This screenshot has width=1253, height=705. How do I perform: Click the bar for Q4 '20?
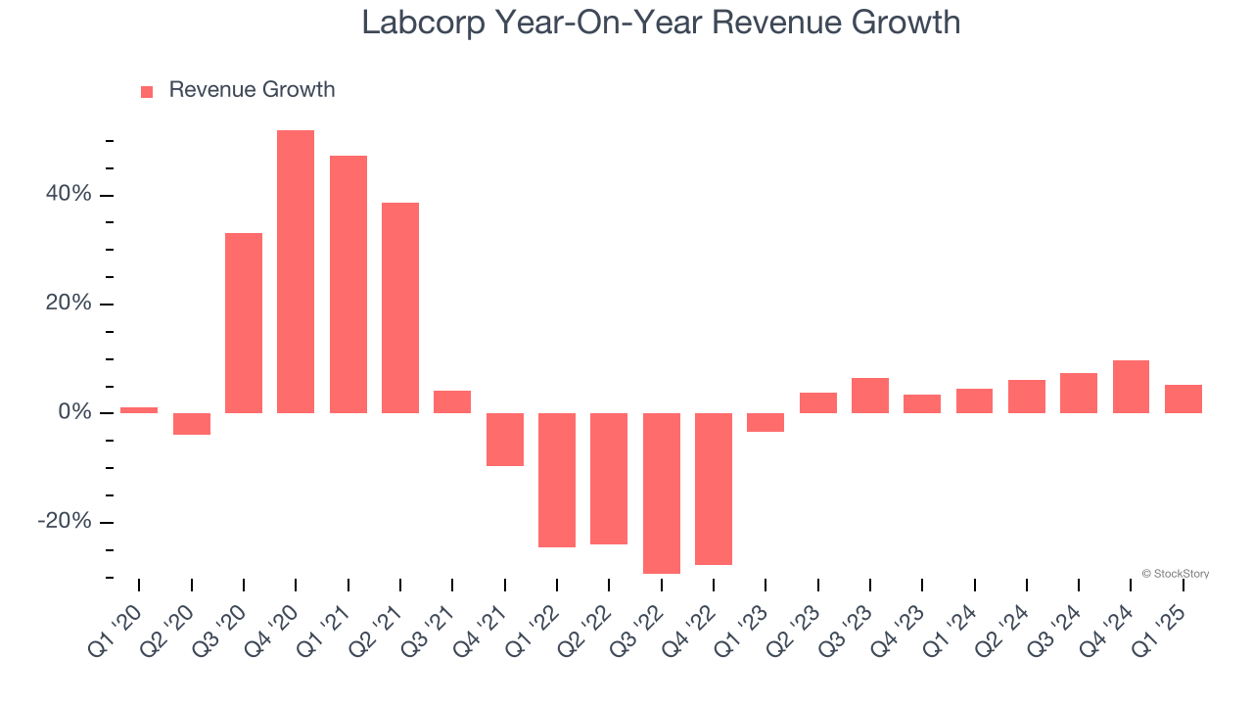pyautogui.click(x=296, y=271)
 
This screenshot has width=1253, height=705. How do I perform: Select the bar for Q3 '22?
pyautogui.click(x=661, y=493)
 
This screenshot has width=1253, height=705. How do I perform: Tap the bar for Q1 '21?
pyautogui.click(x=348, y=284)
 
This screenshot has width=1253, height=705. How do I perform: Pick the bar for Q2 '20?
pyautogui.click(x=192, y=424)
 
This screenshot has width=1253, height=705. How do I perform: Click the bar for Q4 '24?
pyautogui.click(x=1131, y=387)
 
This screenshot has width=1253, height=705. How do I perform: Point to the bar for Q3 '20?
pyautogui.click(x=244, y=323)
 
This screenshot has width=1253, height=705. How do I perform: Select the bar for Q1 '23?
pyautogui.click(x=766, y=422)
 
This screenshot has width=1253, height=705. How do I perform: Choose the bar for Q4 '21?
pyautogui.click(x=505, y=440)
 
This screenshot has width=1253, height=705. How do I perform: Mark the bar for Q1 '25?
pyautogui.click(x=1183, y=399)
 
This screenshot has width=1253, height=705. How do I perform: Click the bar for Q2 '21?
pyautogui.click(x=400, y=307)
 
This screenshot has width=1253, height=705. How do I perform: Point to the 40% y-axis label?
pyautogui.click(x=68, y=195)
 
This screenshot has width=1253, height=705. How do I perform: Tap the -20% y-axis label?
pyautogui.click(x=64, y=521)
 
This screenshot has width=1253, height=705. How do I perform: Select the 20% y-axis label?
pyautogui.click(x=68, y=304)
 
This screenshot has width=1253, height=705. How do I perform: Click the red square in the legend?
pyautogui.click(x=147, y=92)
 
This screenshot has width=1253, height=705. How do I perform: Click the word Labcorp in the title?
pyautogui.click(x=423, y=22)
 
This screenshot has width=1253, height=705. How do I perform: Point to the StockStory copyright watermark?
pyautogui.click(x=1175, y=574)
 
